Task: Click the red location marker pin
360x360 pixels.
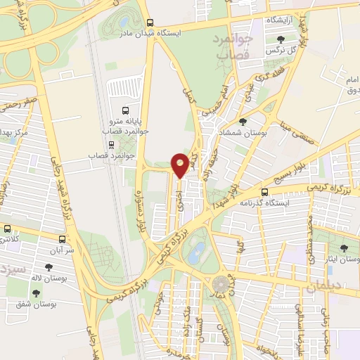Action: click(181, 165)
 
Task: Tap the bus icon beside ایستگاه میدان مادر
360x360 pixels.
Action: click(150, 33)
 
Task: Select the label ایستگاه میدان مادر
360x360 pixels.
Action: click(180, 33)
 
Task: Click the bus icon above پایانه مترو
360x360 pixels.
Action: click(125, 110)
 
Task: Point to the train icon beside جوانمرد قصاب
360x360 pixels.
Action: click(92, 154)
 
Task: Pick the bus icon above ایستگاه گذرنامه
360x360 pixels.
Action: click(265, 193)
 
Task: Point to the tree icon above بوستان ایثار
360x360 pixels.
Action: click(344, 248)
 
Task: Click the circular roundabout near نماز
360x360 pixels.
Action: click(221, 283)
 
